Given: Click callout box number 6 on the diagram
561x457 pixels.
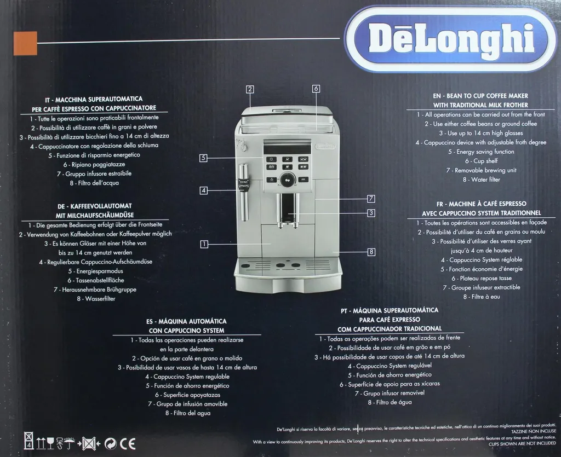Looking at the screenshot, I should pos(316,89).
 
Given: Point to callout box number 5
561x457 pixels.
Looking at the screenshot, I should pos(203,158).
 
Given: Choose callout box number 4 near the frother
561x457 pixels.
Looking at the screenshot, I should pos(203,190).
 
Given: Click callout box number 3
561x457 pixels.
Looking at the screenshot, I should pos(371,213).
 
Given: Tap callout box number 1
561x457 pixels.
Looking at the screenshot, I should pos(204,244).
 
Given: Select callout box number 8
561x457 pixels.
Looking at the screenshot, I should pos(371,252).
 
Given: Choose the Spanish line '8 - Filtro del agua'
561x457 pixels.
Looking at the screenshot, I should pos(187,413).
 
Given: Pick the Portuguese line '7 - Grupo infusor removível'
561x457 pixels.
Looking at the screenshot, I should pos(390,393).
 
